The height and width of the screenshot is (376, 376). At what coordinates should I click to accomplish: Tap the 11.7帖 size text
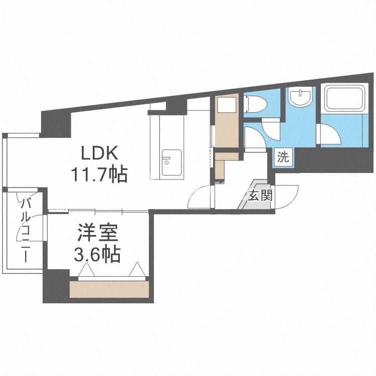pyautogui.click(x=99, y=175)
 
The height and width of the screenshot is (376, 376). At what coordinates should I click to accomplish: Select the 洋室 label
pyautogui.click(x=97, y=234)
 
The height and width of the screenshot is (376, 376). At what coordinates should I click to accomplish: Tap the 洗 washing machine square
pyautogui.click(x=283, y=157)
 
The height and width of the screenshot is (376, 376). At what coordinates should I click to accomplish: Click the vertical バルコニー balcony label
pyautogui.click(x=25, y=230)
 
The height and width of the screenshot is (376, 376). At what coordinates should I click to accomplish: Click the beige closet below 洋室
pyautogui.click(x=109, y=289)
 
